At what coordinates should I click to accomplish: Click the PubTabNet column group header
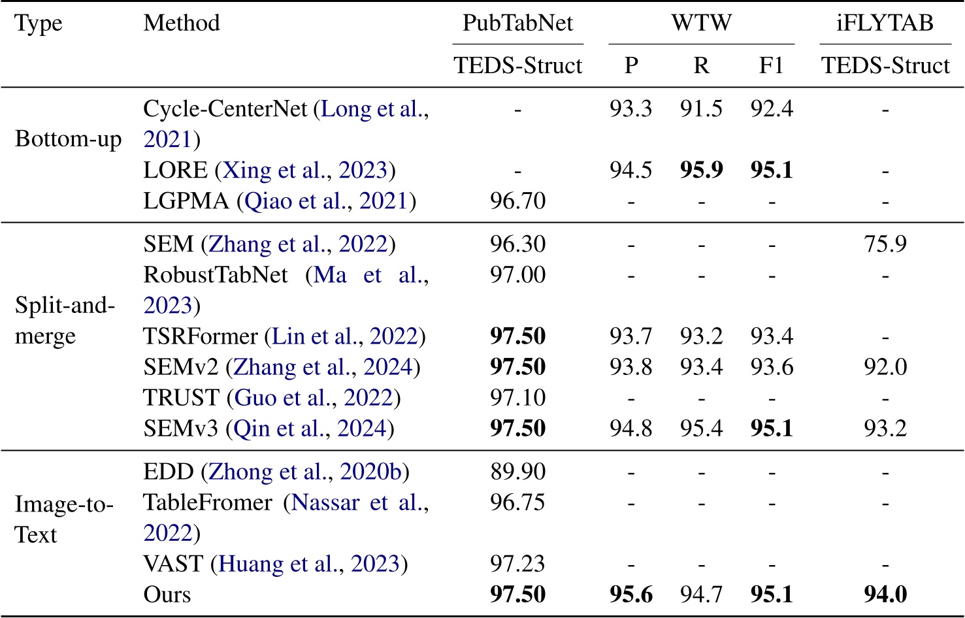[x=517, y=24]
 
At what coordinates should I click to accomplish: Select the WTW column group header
[x=701, y=24]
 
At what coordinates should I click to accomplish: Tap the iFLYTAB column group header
[x=885, y=24]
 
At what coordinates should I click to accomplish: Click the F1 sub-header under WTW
[x=772, y=66]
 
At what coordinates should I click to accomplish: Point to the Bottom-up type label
[x=68, y=139]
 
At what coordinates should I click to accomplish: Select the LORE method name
[x=175, y=171]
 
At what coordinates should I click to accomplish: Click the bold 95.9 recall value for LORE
[x=701, y=171]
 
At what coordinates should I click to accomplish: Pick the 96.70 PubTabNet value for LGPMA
[x=517, y=201]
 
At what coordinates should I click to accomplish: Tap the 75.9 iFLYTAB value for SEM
[x=885, y=244]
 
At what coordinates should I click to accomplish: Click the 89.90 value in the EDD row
[x=517, y=472]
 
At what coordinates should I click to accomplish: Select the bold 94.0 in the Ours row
[x=885, y=594]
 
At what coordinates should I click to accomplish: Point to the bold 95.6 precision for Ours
[x=630, y=594]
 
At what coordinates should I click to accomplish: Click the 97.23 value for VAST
[x=517, y=564]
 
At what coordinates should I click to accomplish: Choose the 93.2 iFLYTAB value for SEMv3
[x=885, y=429]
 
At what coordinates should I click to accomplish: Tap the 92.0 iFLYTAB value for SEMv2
[x=885, y=367]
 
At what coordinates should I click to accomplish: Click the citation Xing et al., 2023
[x=306, y=171]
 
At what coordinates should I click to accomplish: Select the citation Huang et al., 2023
[x=309, y=564]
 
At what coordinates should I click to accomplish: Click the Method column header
[x=182, y=24]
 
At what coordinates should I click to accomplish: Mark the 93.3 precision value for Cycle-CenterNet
[x=630, y=108]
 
